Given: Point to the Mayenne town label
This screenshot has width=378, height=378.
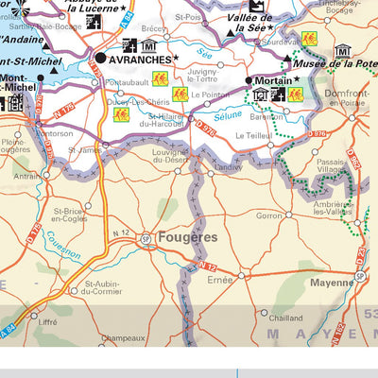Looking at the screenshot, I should [332, 282].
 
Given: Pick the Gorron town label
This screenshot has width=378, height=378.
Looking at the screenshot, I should [269, 215].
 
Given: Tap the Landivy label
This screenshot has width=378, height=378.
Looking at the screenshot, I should [228, 168].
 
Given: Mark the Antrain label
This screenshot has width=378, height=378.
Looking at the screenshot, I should [26, 175].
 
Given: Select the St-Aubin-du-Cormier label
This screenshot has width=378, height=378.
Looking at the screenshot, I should [104, 288].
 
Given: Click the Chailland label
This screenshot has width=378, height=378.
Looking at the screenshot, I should [285, 318].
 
